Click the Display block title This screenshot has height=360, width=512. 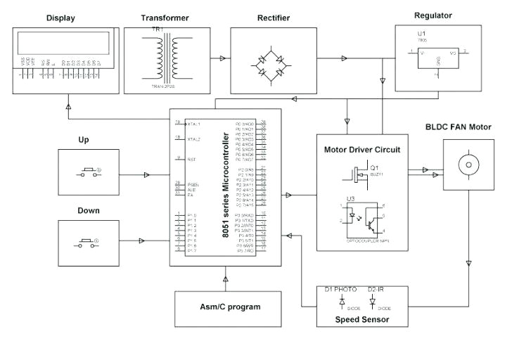tap(60, 18)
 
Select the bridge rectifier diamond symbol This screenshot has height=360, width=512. tap(270, 61)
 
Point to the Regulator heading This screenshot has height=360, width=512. tap(433, 15)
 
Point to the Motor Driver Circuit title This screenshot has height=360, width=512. tap(361, 150)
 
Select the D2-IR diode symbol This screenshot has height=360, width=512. tap(372, 300)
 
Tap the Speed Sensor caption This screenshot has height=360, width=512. tap(361, 320)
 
